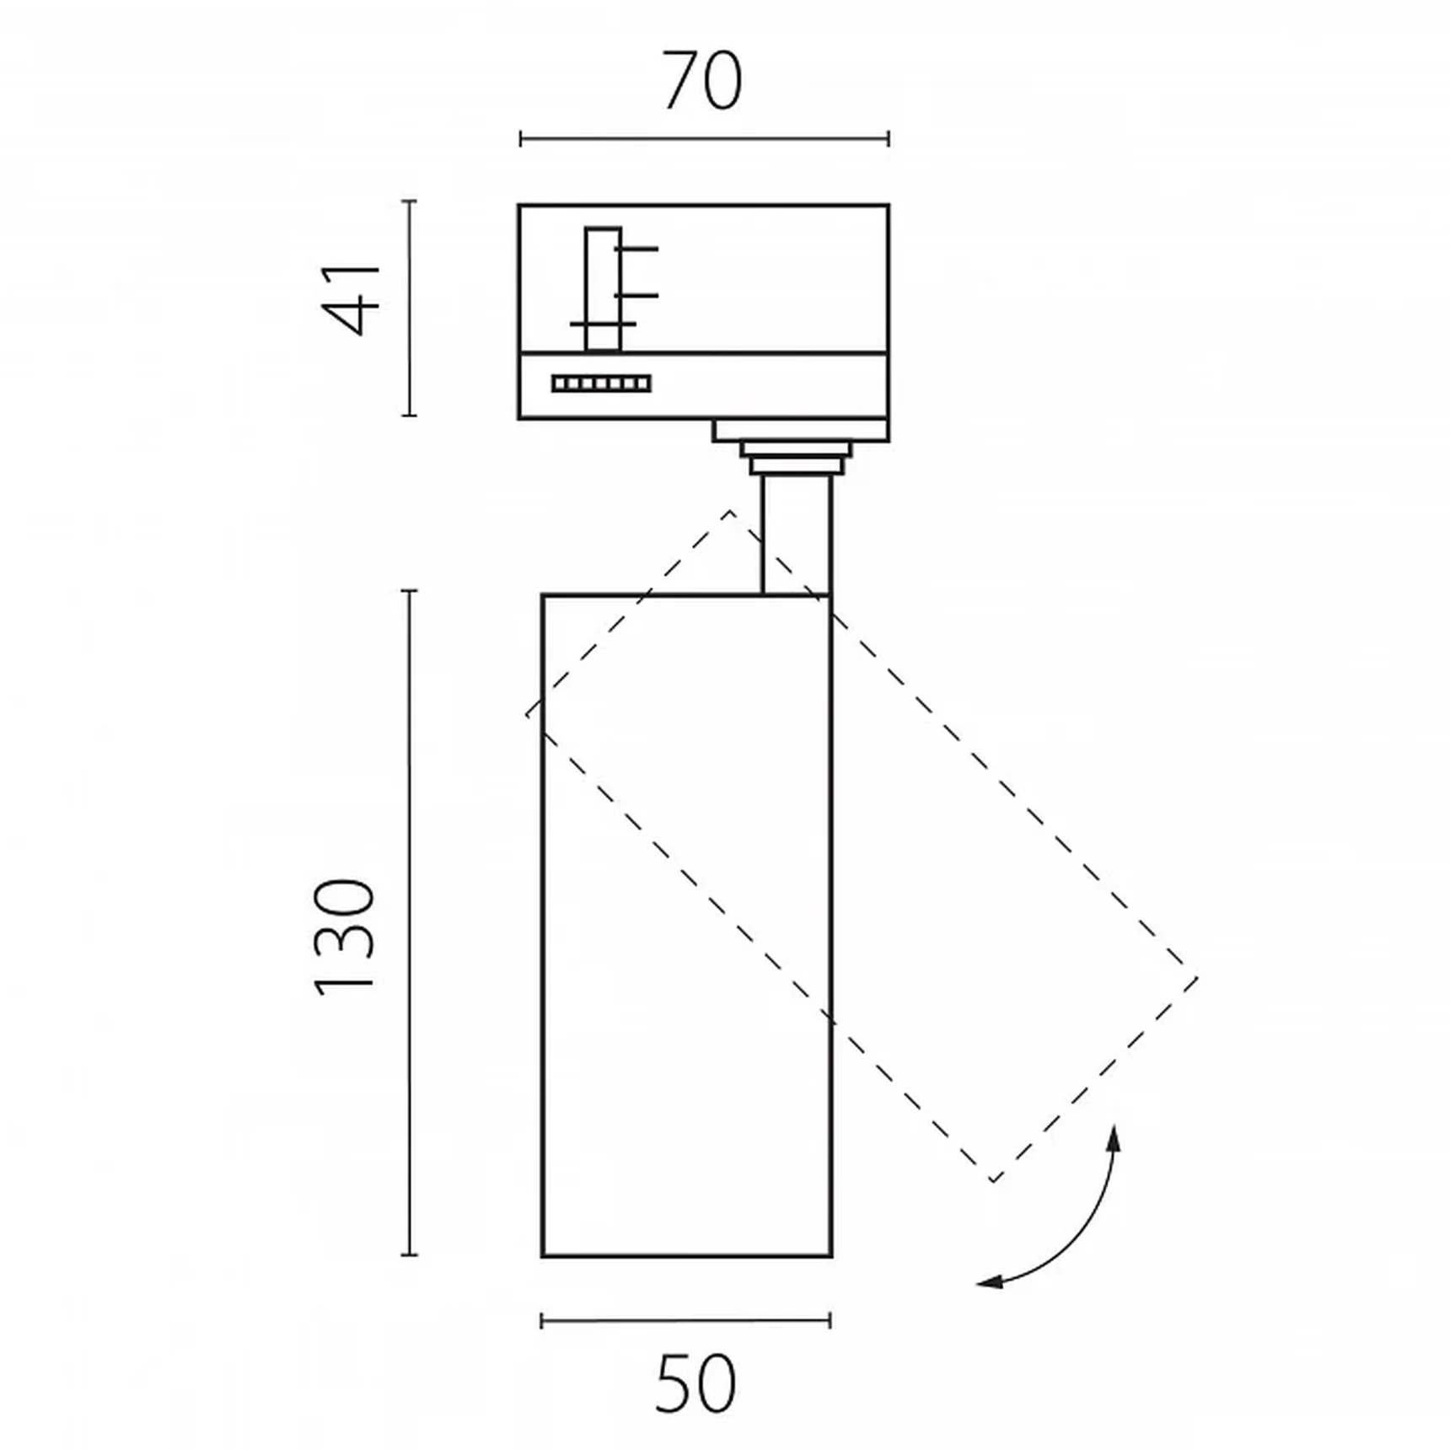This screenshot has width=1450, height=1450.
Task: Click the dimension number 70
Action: point(703,81)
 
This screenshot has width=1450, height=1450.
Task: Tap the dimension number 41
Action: point(353,300)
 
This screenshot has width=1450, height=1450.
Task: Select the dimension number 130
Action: point(344,937)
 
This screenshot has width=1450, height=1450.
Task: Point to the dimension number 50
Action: point(695,1383)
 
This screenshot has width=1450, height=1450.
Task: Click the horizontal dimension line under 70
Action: point(704,138)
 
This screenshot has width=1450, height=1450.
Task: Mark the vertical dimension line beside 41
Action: point(409,308)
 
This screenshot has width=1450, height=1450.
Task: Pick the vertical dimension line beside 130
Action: point(410,923)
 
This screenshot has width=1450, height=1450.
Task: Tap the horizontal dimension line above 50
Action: point(685,1320)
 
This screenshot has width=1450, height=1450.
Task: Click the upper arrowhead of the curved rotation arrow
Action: point(1114,1138)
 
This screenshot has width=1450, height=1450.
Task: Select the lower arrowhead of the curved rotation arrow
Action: point(991,1282)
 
